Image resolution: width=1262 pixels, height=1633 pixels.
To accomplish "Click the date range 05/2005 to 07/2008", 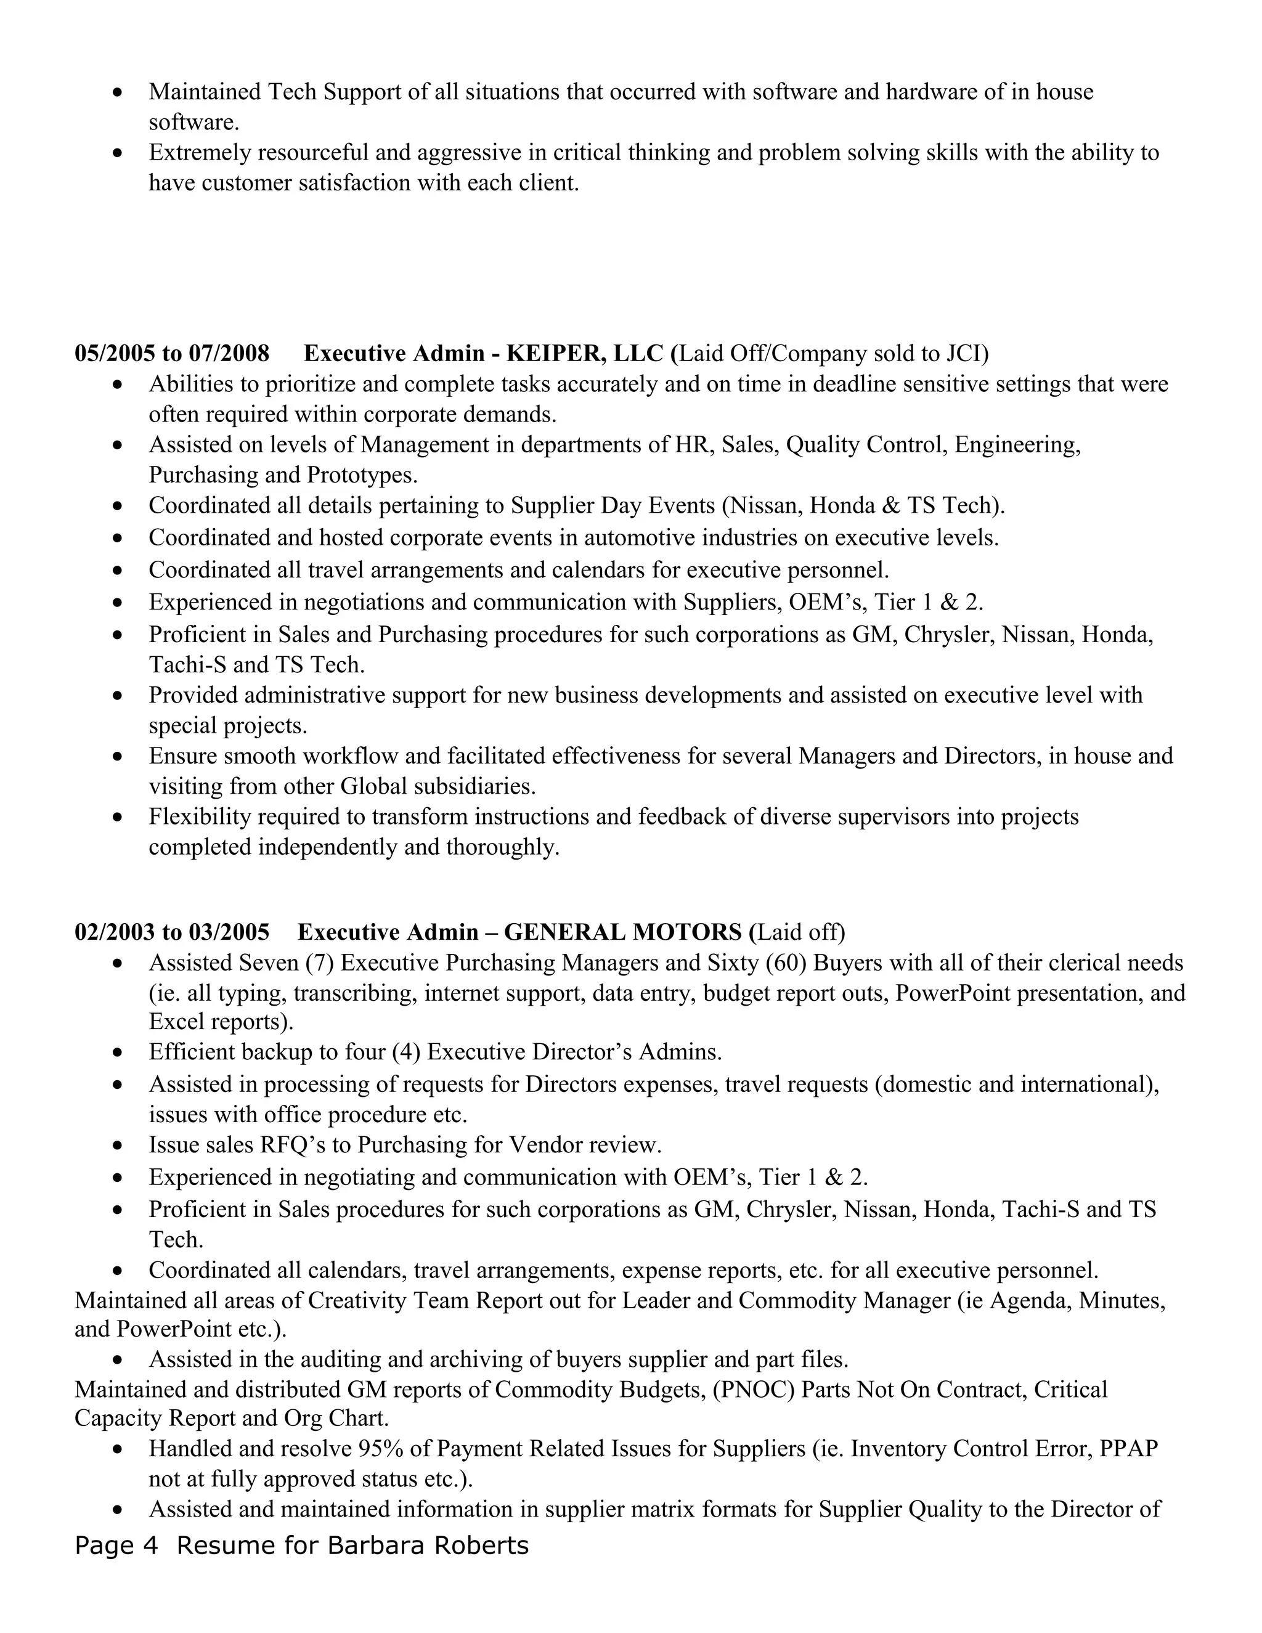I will pos(172,354).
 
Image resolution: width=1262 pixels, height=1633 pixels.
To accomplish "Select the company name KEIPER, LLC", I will pos(585,354).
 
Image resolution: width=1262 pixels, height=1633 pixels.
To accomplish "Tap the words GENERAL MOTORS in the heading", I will pos(623,932).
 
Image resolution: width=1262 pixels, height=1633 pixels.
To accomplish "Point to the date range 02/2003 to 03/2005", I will pos(172,932).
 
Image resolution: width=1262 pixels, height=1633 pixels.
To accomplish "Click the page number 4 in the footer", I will pos(151,1545).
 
